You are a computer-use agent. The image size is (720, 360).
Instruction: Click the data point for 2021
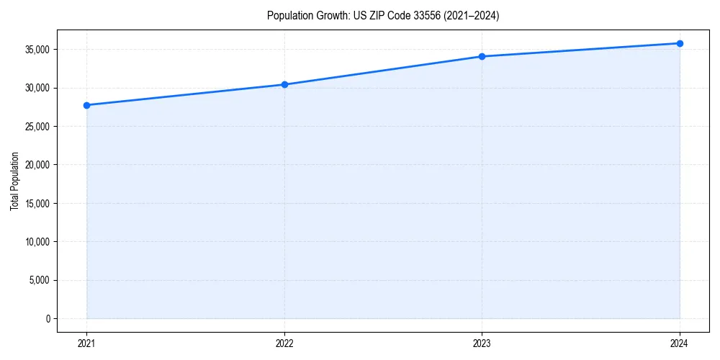[87, 105]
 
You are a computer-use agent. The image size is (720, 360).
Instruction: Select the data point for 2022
[284, 84]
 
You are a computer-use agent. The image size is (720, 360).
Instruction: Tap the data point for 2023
[482, 56]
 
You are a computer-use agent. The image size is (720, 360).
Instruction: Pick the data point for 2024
[680, 43]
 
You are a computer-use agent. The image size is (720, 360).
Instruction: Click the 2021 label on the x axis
[87, 343]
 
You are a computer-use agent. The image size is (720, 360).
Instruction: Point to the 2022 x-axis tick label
[284, 343]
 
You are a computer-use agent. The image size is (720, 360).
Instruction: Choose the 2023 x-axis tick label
[482, 343]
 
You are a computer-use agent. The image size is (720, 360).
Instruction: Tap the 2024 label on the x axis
[680, 343]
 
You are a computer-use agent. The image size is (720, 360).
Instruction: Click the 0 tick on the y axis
[48, 318]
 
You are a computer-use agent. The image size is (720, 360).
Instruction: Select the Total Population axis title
[15, 181]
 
